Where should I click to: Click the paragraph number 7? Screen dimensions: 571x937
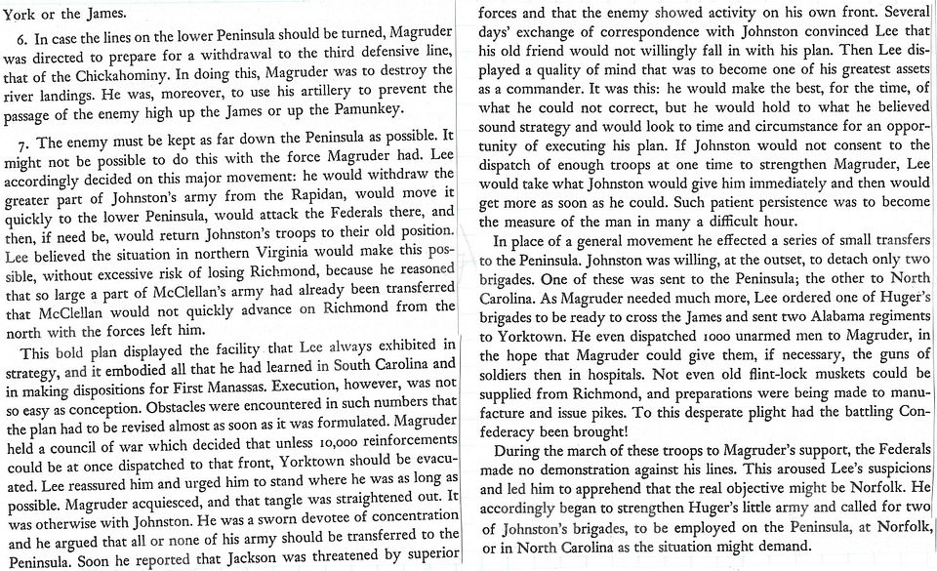pos(22,141)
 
